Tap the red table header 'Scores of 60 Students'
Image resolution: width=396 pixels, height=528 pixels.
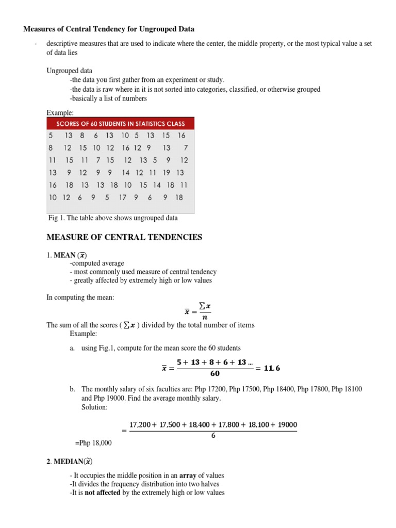coord(120,124)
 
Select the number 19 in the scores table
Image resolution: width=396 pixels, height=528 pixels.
coord(167,173)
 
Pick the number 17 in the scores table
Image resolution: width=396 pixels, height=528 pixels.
coord(123,197)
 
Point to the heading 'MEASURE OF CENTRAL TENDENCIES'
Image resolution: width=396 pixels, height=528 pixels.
coord(124,237)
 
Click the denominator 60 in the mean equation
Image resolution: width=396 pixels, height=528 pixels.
coord(215,373)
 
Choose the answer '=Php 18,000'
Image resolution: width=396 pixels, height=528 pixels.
coord(93,443)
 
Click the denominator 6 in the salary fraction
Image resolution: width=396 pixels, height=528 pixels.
coord(213,435)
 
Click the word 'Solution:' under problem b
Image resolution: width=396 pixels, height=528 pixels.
coord(95,407)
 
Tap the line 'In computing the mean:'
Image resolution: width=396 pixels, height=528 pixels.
coord(79,298)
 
